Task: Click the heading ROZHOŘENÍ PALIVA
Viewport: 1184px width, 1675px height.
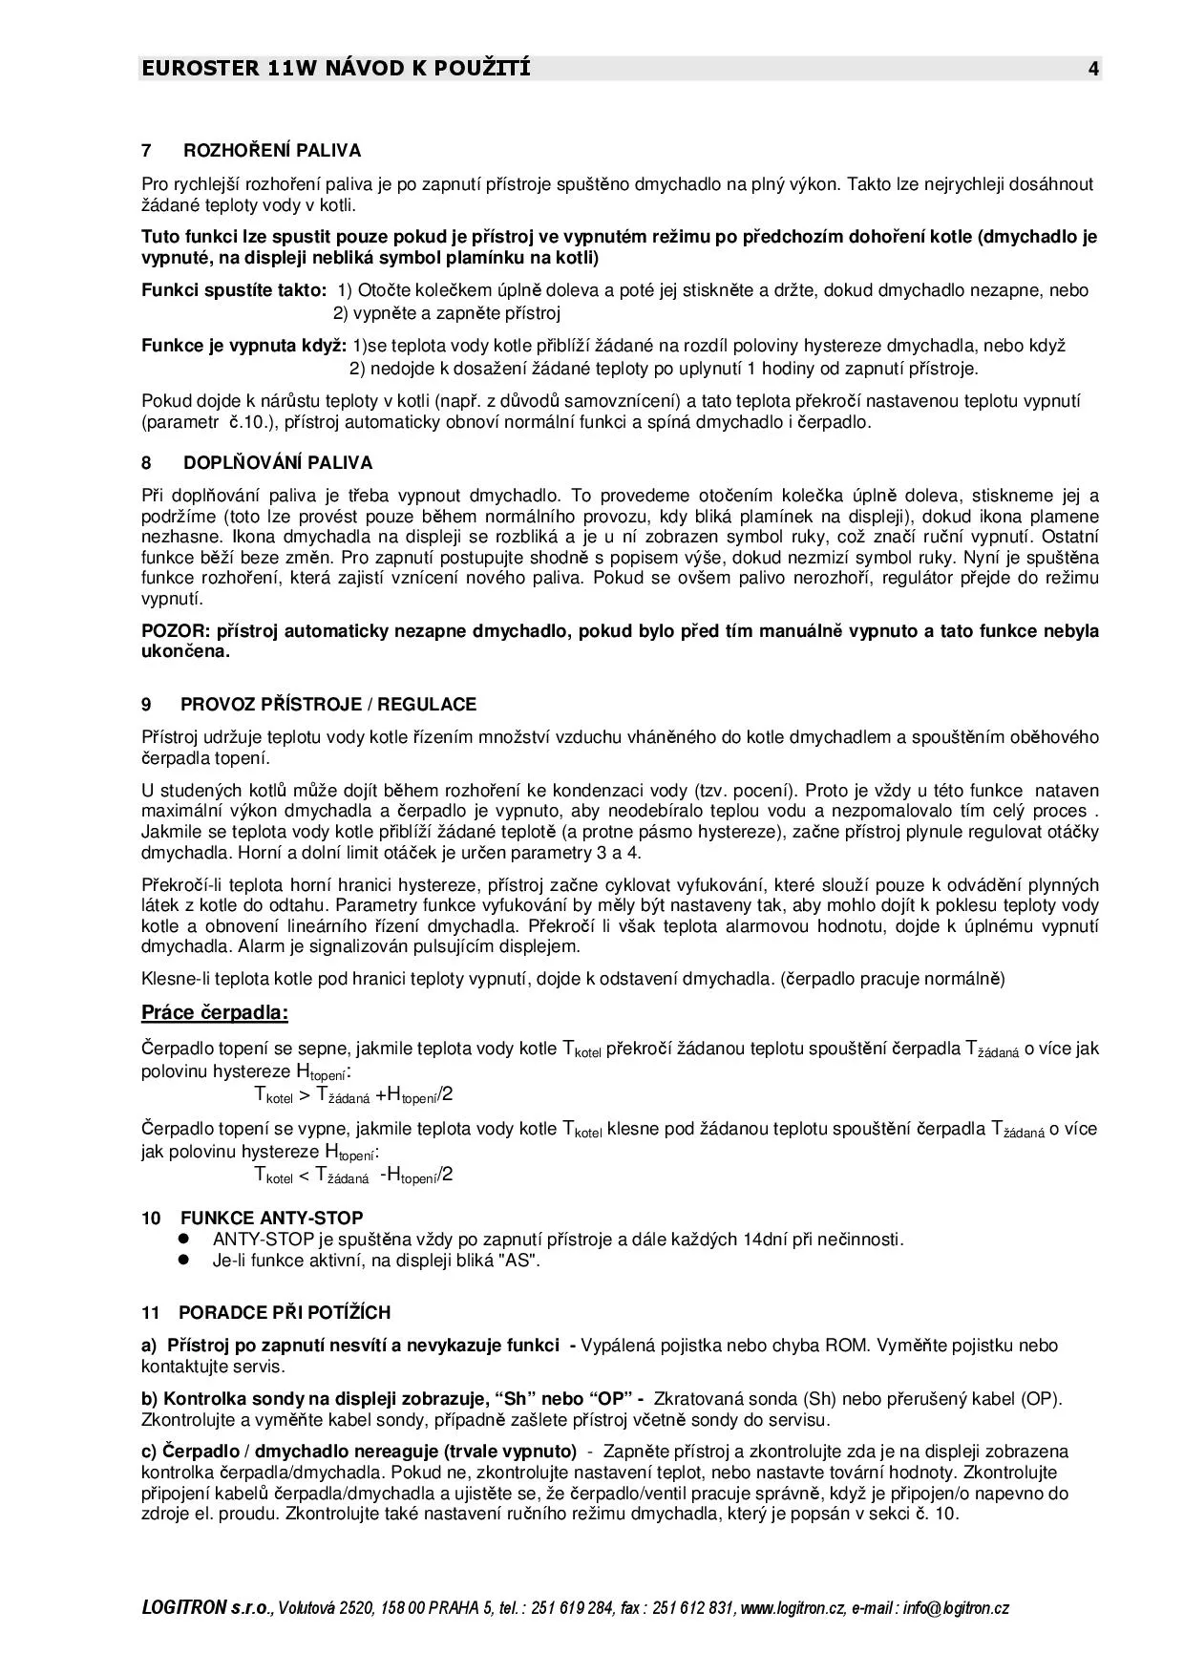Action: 272,151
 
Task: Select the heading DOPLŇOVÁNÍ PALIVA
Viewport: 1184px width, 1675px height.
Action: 278,463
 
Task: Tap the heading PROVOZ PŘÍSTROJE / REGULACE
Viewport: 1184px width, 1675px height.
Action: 328,705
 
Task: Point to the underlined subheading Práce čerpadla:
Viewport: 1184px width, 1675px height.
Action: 215,1012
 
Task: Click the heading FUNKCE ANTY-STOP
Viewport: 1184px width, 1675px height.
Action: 272,1219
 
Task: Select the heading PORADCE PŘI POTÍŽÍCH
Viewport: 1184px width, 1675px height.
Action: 285,1313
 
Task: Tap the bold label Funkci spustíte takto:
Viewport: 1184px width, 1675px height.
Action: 234,290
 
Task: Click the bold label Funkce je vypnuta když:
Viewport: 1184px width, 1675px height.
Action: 244,346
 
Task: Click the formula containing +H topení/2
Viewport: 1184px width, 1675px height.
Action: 353,1095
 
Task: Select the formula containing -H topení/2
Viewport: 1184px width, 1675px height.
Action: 353,1176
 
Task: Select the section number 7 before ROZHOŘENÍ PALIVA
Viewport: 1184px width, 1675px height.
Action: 146,151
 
